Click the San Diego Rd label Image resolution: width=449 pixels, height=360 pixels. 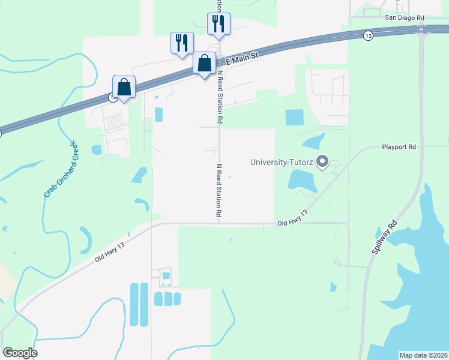coord(405,18)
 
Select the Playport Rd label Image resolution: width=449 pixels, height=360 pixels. coord(399,146)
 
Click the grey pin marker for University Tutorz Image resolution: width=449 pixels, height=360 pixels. coord(322,161)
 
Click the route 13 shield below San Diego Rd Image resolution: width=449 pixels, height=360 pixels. coord(368,36)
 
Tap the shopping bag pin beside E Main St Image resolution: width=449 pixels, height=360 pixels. coord(204,63)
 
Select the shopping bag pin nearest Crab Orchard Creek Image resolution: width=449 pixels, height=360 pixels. coord(124,88)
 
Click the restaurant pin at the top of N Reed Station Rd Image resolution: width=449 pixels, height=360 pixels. coord(218,24)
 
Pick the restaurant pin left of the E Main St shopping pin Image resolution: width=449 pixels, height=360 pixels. coord(182,43)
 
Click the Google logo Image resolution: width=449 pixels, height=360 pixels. coord(20,353)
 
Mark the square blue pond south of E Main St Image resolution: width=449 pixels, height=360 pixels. coord(294,117)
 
